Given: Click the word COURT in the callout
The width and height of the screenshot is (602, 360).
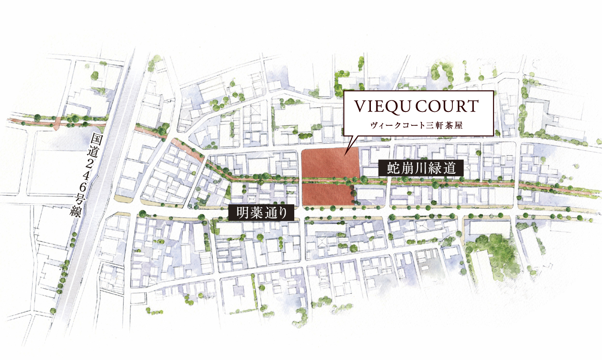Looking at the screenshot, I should [450, 107].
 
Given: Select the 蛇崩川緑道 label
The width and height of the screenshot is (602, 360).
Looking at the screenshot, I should [418, 169].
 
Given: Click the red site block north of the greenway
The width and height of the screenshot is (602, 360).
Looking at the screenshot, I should [330, 163].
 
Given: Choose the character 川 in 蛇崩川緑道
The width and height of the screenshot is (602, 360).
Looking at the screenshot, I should [418, 169].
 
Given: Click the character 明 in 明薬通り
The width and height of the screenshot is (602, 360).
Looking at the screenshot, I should [238, 213].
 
